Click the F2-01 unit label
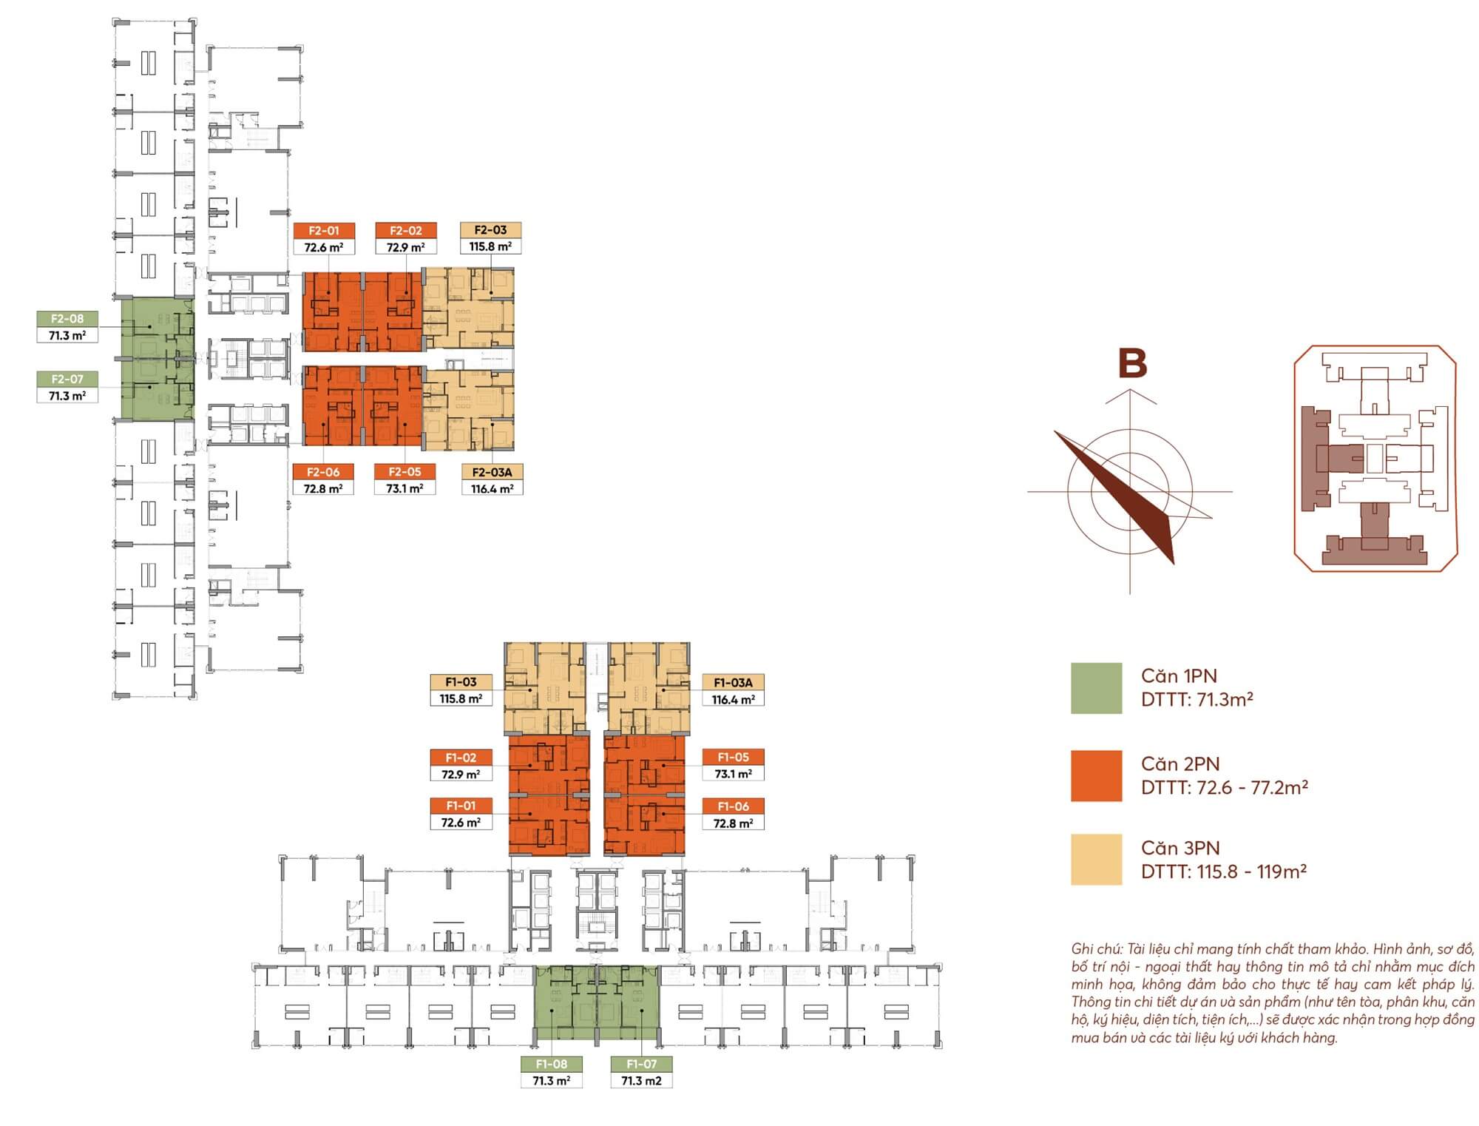click(323, 231)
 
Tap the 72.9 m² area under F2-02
click(405, 248)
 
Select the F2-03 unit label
click(490, 230)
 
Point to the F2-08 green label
click(67, 319)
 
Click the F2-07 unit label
click(67, 379)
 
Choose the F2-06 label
click(323, 472)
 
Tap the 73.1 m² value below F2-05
click(405, 489)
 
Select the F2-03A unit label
click(492, 472)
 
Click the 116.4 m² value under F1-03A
click(733, 699)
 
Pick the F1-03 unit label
click(461, 682)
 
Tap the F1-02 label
click(461, 758)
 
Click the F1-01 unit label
click(461, 806)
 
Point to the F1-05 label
click(733, 757)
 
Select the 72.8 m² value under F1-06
click(733, 823)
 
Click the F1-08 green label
click(551, 1064)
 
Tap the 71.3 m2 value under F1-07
click(641, 1081)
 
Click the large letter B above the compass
click(1132, 364)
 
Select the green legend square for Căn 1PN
click(1096, 688)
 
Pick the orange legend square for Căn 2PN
click(1096, 776)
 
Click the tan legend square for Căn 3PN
click(1096, 860)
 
